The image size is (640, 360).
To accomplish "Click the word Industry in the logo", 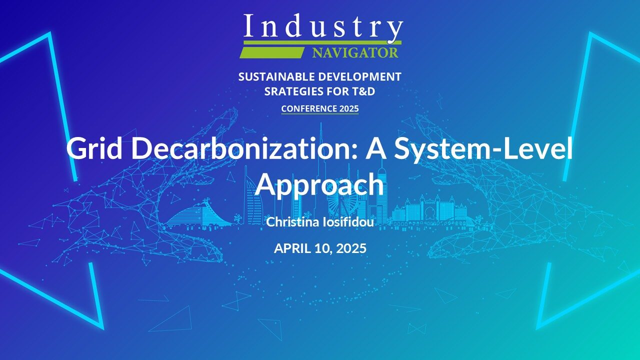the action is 323,27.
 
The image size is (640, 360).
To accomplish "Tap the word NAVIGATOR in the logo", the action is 355,53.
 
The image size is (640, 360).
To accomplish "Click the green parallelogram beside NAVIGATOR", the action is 271,53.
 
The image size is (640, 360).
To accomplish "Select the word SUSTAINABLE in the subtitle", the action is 276,76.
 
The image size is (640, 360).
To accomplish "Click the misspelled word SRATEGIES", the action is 294,91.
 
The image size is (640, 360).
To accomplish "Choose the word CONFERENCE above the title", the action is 305,108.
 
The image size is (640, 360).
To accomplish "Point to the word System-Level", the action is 483,148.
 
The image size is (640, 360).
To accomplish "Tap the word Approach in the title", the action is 320,185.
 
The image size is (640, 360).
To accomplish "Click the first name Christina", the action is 292,222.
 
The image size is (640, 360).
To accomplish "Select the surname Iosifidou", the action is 348,222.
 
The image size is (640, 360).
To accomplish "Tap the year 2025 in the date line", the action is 351,248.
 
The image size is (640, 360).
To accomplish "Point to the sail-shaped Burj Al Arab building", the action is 253,197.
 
